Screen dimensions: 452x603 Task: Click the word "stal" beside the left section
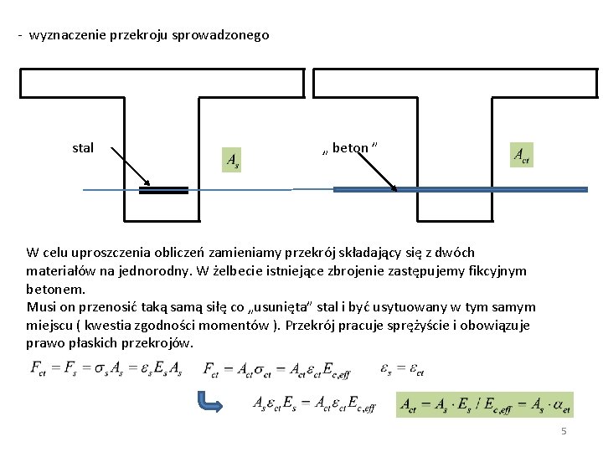tap(83, 148)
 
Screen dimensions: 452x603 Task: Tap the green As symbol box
tap(232, 159)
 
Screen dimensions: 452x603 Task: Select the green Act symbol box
tap(521, 154)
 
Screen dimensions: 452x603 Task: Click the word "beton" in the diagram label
tap(350, 148)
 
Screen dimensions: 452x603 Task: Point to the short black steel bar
tap(163, 190)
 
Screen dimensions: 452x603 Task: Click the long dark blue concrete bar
tap(460, 190)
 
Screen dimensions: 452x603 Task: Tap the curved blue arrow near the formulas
tap(208, 402)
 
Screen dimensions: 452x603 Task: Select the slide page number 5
tap(564, 431)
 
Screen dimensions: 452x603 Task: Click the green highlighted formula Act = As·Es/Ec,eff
tap(486, 404)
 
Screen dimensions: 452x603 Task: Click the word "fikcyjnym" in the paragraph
tap(497, 270)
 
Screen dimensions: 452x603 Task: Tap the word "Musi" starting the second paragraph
tap(41, 307)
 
